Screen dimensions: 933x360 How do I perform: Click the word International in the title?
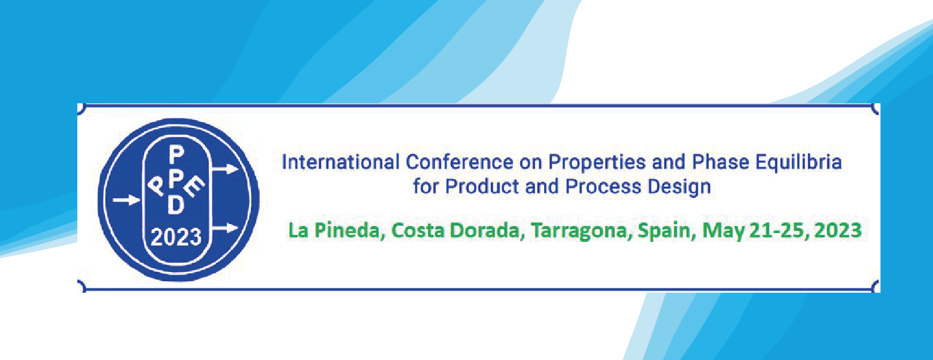(341, 162)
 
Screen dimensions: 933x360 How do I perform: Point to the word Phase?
(720, 162)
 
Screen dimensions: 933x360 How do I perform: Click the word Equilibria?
(798, 163)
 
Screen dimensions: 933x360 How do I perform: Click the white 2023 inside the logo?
(176, 237)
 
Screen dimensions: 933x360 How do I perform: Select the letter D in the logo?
(176, 205)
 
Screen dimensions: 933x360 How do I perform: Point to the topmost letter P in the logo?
(176, 155)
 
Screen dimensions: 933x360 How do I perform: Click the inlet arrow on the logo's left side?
(127, 200)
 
